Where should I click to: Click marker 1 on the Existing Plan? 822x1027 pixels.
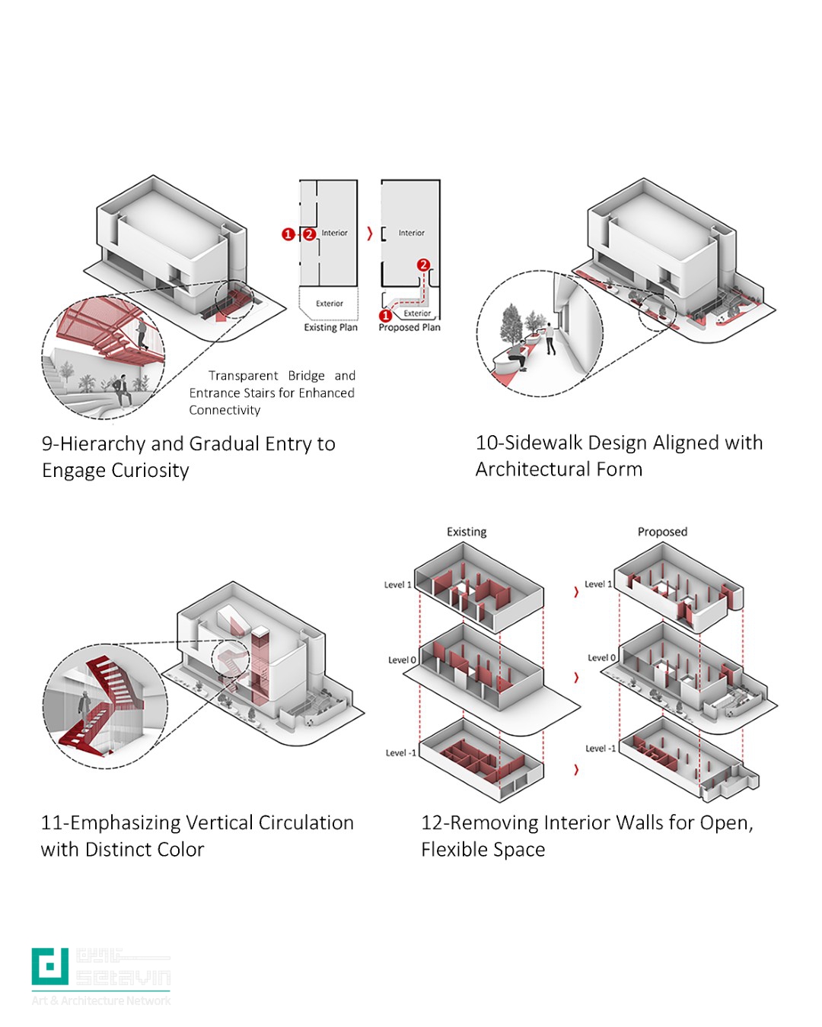(288, 234)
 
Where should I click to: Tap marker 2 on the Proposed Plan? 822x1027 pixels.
(423, 265)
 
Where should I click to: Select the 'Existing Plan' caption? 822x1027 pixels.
(330, 327)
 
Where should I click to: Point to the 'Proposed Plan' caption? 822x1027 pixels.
(409, 327)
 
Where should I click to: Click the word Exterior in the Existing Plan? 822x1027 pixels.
(330, 304)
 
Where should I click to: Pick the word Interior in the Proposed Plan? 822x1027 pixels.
(411, 233)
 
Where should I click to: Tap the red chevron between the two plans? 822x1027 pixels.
(370, 234)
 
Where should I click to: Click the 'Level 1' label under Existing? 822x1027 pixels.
(397, 585)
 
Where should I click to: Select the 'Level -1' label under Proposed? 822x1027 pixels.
(601, 749)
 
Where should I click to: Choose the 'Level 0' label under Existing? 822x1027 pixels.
(402, 660)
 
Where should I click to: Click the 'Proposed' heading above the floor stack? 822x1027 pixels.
(662, 532)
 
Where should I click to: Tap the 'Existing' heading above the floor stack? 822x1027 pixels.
(467, 532)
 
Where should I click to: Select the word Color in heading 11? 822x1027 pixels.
(180, 849)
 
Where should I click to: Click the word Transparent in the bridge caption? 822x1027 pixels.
(244, 376)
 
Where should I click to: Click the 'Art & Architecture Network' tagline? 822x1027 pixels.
(101, 1000)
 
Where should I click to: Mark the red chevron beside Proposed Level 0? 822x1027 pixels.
(576, 677)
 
